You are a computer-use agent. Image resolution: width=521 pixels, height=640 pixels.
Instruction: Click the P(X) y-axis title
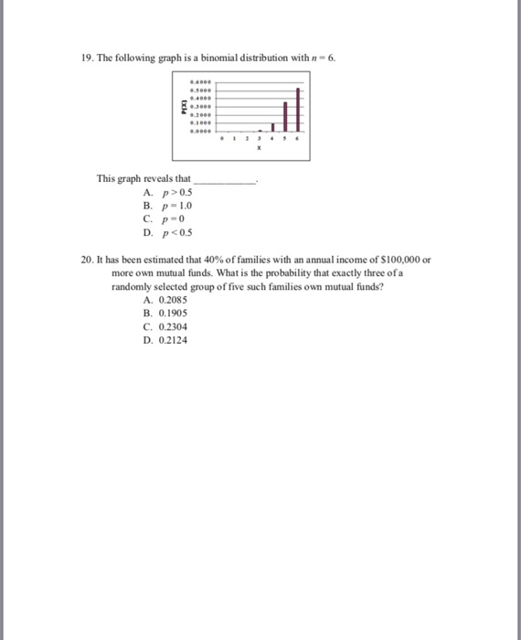pyautogui.click(x=183, y=107)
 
